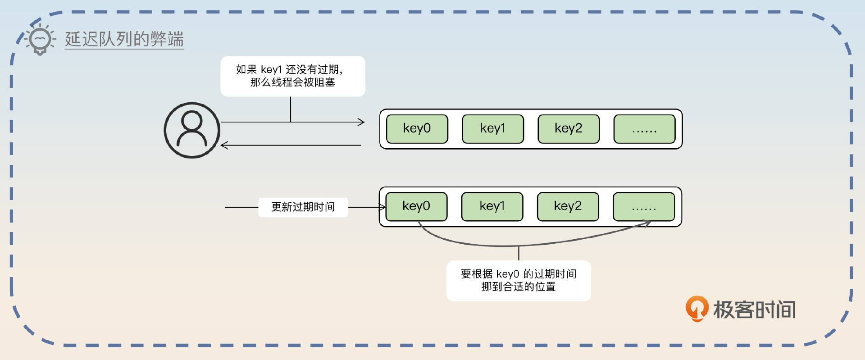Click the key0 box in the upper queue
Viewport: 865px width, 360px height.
click(417, 129)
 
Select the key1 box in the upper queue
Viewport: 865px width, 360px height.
click(492, 129)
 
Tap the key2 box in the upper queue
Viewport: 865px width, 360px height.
click(568, 129)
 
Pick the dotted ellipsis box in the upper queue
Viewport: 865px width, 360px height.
click(644, 129)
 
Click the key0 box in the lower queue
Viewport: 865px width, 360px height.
click(416, 206)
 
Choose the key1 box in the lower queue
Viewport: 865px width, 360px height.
click(492, 206)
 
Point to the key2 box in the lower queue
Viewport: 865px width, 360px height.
click(568, 206)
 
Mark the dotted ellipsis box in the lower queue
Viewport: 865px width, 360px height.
click(643, 206)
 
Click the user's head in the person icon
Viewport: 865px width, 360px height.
click(192, 121)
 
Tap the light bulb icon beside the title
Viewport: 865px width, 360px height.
click(40, 40)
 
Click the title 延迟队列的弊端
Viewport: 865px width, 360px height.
click(124, 39)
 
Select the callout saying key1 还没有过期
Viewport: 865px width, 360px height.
click(292, 76)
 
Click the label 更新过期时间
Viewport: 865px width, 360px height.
click(303, 207)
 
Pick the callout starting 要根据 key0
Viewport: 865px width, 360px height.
click(518, 280)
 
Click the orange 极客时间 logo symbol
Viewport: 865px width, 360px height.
click(697, 309)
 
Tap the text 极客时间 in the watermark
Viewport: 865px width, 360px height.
click(754, 310)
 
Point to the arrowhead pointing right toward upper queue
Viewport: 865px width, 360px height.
click(361, 122)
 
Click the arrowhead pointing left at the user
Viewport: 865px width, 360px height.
click(224, 145)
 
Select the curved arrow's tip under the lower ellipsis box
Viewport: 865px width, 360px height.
click(648, 223)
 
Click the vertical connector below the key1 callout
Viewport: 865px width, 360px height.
click(291, 109)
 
